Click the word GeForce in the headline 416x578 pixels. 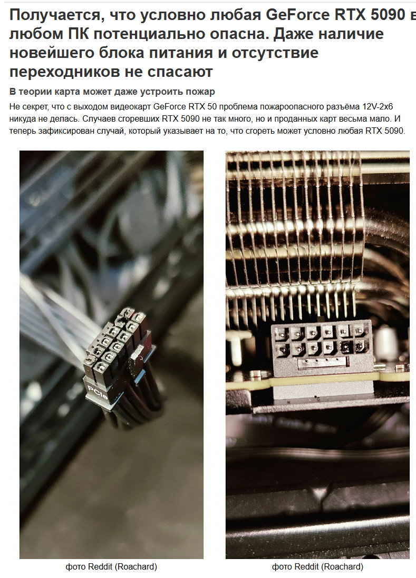tap(298, 15)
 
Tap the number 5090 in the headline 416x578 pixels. tap(388, 15)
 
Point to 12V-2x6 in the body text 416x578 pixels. tap(377, 107)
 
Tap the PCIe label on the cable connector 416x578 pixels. tap(98, 393)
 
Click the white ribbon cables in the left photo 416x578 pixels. tap(55, 317)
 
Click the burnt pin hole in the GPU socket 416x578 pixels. tap(346, 346)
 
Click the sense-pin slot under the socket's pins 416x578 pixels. tap(323, 362)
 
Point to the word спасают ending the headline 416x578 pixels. tap(180, 72)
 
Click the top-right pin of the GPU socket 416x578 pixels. tap(360, 331)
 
